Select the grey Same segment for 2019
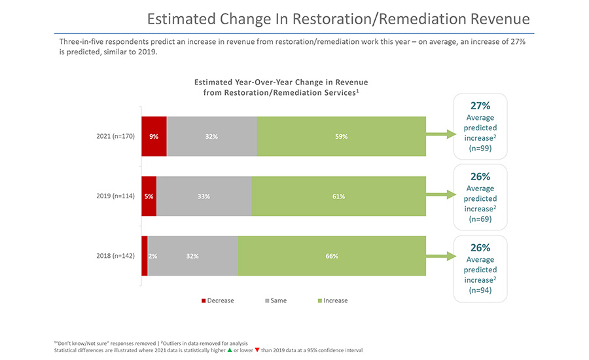click(x=204, y=196)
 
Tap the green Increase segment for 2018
click(x=332, y=256)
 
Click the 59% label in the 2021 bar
click(x=342, y=137)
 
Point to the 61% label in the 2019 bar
click(x=338, y=196)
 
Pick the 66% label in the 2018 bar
click(x=332, y=256)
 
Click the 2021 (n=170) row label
click(x=115, y=137)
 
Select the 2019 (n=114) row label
click(x=115, y=196)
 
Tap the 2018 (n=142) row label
click(x=115, y=256)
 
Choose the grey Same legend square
click(x=267, y=301)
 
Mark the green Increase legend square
click(x=319, y=301)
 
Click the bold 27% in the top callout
click(x=480, y=105)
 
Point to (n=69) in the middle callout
click(x=480, y=219)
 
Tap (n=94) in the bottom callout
click(x=480, y=291)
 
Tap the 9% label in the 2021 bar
click(x=154, y=137)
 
